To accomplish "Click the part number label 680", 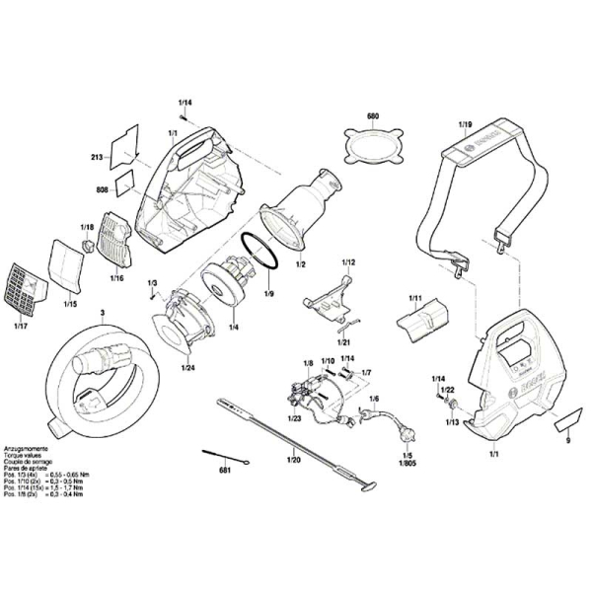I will click(x=373, y=117).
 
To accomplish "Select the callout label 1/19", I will click(x=465, y=125).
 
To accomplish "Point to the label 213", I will click(x=97, y=158).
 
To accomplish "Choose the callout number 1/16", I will click(x=116, y=279).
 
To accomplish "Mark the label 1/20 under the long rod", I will click(x=292, y=460).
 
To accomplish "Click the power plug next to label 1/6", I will click(x=404, y=431).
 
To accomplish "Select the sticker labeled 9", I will click(x=566, y=425).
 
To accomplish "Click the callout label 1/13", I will click(x=451, y=422).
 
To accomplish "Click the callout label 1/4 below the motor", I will click(x=233, y=327).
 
